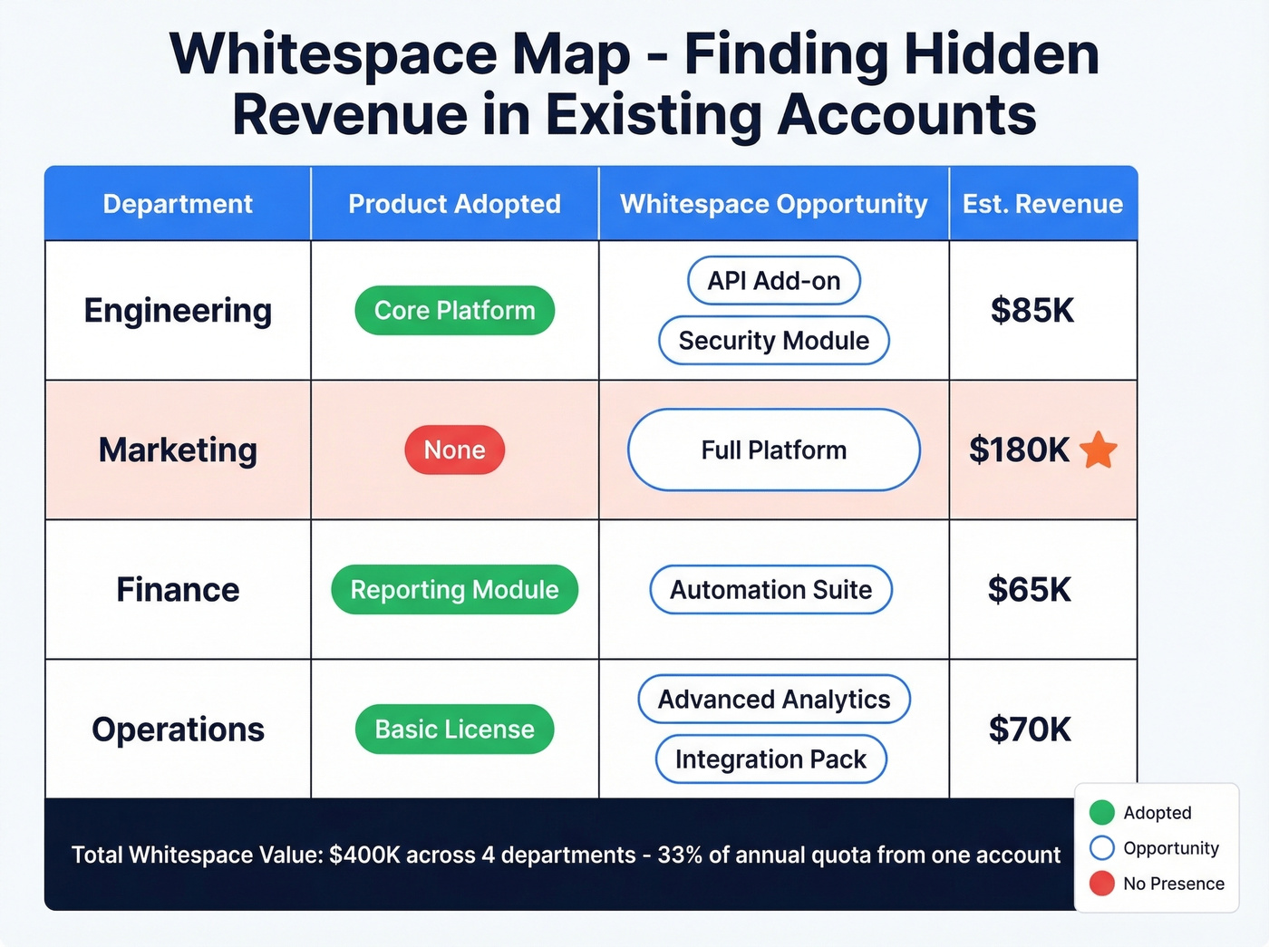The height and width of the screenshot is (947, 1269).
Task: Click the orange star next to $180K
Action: coord(1099,449)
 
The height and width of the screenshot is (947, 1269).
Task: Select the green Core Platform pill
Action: coord(454,311)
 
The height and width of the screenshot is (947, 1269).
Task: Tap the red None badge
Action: coord(454,450)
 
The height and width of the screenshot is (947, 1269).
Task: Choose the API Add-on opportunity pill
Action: coord(773,281)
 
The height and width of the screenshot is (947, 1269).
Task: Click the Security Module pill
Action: coord(773,341)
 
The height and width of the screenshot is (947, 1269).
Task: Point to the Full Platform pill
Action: coord(773,450)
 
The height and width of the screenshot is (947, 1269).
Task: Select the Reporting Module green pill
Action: coord(454,590)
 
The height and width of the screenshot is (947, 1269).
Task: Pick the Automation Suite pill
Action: coord(770,590)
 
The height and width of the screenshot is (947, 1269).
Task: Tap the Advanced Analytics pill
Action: coord(773,700)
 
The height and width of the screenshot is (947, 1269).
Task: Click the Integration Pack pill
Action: coord(770,759)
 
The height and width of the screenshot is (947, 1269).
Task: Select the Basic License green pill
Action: coord(454,730)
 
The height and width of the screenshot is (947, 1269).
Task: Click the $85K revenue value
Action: coord(1032,311)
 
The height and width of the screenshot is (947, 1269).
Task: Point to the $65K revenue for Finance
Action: coord(1029,590)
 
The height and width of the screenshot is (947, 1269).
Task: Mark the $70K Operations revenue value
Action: coord(1030,730)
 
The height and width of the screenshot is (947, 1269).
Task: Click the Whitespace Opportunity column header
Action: coord(773,204)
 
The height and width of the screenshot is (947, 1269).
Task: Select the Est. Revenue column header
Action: coord(1042,204)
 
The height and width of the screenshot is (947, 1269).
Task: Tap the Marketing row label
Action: coord(178,450)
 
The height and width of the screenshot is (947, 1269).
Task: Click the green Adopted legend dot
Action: coord(1101,813)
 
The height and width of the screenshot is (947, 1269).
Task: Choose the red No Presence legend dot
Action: coord(1101,884)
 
